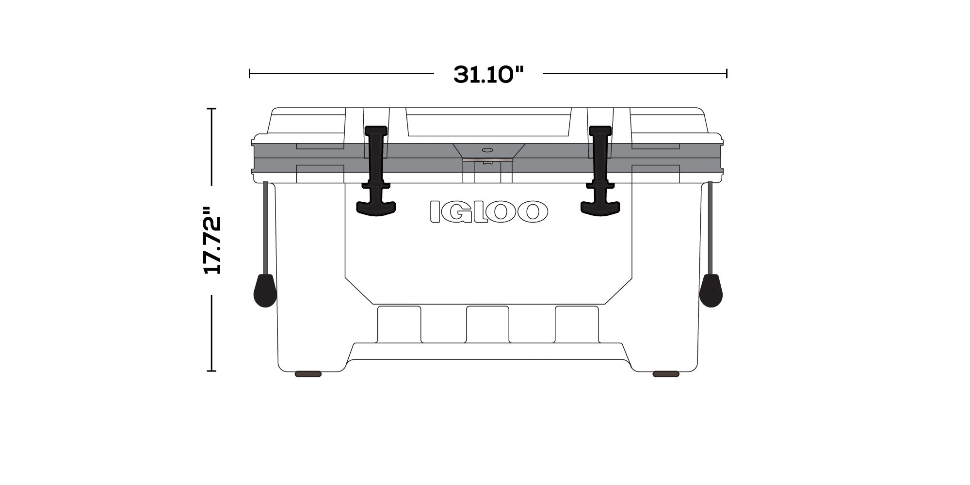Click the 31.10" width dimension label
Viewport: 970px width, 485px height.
(x=488, y=75)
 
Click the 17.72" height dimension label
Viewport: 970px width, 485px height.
(x=212, y=241)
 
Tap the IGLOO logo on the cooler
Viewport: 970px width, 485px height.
(x=488, y=212)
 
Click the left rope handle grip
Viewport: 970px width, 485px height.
(x=265, y=291)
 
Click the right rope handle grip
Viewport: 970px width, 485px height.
(x=711, y=291)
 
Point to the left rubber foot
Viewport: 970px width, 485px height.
(x=308, y=374)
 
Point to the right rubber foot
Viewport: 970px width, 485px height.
(x=666, y=374)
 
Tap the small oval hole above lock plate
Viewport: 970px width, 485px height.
(x=488, y=150)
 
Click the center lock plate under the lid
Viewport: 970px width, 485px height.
(x=488, y=159)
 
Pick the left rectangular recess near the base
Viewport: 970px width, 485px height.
(x=399, y=324)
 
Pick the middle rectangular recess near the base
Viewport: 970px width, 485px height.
(x=487, y=324)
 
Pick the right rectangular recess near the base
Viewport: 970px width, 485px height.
(x=577, y=324)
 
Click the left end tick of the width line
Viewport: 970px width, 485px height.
(x=250, y=74)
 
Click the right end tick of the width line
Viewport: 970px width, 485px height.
(x=727, y=74)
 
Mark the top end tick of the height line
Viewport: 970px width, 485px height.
(x=211, y=109)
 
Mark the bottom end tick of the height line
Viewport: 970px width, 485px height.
(x=211, y=371)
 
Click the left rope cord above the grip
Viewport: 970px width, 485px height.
(x=265, y=228)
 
